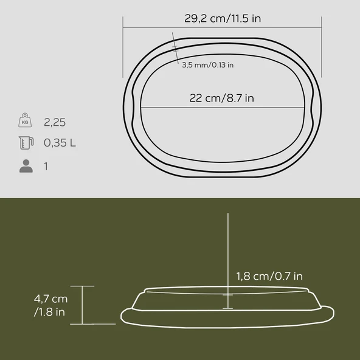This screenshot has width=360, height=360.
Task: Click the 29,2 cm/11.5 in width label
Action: [223, 18]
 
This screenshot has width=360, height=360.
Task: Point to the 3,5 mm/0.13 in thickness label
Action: [207, 65]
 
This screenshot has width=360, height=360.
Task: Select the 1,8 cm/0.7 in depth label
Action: [269, 276]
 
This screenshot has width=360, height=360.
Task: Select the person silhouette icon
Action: [26, 165]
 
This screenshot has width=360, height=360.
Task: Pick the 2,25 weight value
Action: [54, 122]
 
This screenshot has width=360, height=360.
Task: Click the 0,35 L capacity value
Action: [60, 144]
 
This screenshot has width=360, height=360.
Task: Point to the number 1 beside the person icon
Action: [46, 165]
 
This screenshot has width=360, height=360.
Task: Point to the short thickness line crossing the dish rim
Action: [177, 53]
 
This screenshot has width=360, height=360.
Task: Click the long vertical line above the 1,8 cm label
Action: [227, 243]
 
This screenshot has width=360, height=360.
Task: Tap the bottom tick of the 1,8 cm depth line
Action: [227, 308]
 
